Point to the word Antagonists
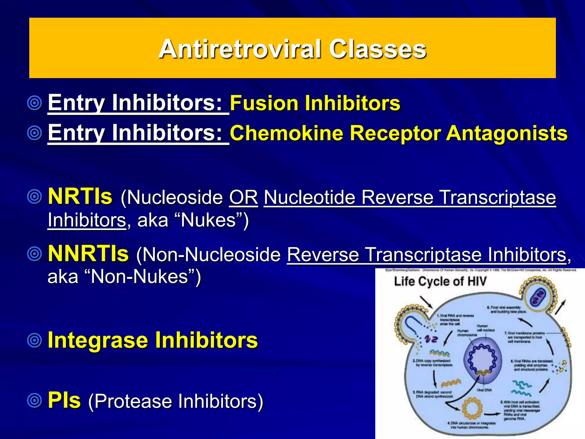pos(507,133)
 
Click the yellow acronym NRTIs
pos(80,196)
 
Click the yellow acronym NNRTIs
pos(88,254)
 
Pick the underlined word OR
pos(243,197)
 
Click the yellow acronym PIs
pos(64,400)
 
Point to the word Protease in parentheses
pos(133,401)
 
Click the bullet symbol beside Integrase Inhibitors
pos(35,340)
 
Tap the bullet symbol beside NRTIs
pos(35,197)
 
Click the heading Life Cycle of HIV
pos(440,282)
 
